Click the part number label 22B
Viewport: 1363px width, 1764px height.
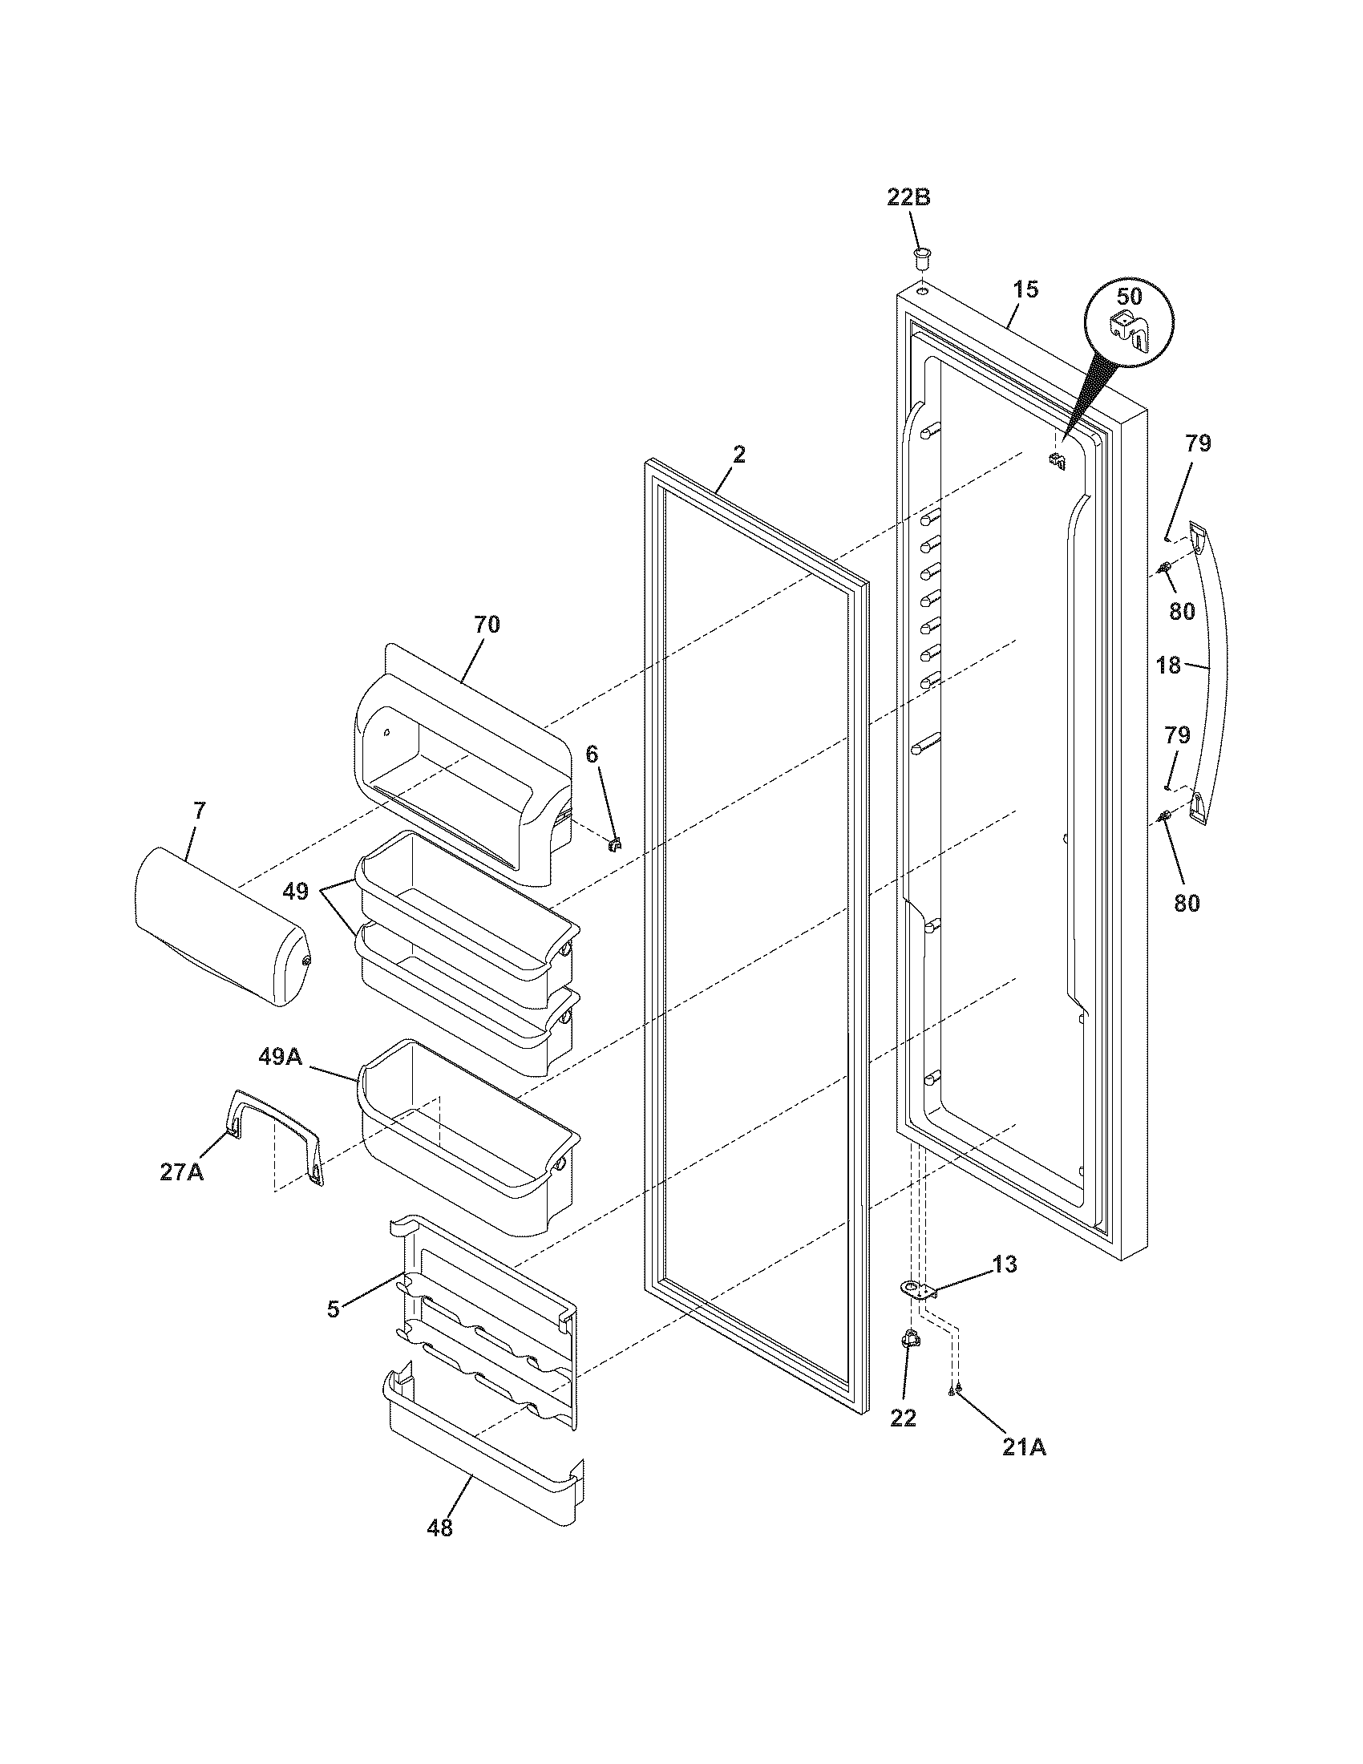(908, 197)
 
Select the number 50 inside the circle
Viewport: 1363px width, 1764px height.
(1130, 297)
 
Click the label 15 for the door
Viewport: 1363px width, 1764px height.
(1025, 289)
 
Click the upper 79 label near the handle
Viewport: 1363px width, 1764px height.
(1199, 443)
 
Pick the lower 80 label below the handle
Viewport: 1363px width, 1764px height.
(1186, 903)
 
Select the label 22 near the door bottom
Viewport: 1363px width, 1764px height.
(904, 1418)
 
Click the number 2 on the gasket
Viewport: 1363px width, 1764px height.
(739, 455)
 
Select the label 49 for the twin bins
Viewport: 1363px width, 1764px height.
(295, 892)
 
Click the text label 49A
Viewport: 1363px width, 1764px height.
(280, 1056)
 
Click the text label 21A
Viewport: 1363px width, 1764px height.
(1024, 1448)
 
